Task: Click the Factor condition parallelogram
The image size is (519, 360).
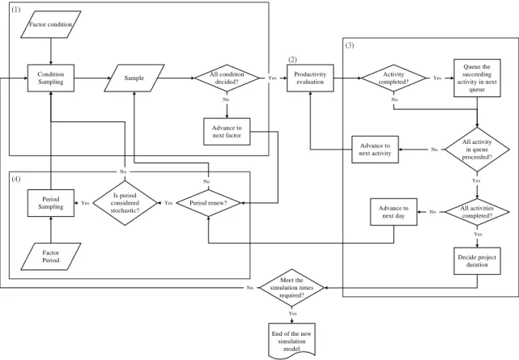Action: [51, 24]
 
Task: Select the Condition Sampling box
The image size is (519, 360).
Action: [51, 78]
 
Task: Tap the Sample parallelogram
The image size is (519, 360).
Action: [134, 78]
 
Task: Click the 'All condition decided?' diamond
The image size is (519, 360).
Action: [227, 78]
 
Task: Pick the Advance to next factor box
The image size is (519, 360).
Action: [227, 132]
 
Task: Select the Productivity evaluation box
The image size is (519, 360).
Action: [310, 78]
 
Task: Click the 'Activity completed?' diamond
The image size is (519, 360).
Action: [394, 78]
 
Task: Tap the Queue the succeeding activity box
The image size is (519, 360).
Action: [477, 78]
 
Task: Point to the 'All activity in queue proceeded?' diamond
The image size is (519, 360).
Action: [477, 150]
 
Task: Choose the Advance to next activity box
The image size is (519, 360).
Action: [375, 150]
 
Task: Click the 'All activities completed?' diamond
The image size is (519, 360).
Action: [477, 212]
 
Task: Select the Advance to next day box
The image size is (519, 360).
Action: [394, 212]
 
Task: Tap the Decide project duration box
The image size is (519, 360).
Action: [477, 260]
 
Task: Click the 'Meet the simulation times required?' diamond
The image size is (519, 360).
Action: [291, 288]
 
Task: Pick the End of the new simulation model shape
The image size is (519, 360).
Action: [291, 341]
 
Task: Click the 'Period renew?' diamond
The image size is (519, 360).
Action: [208, 203]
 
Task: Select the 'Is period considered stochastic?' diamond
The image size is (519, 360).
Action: [125, 203]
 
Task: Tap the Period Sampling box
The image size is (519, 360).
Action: [51, 203]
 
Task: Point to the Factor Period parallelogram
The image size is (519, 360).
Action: [51, 256]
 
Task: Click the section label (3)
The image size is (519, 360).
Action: [350, 45]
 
